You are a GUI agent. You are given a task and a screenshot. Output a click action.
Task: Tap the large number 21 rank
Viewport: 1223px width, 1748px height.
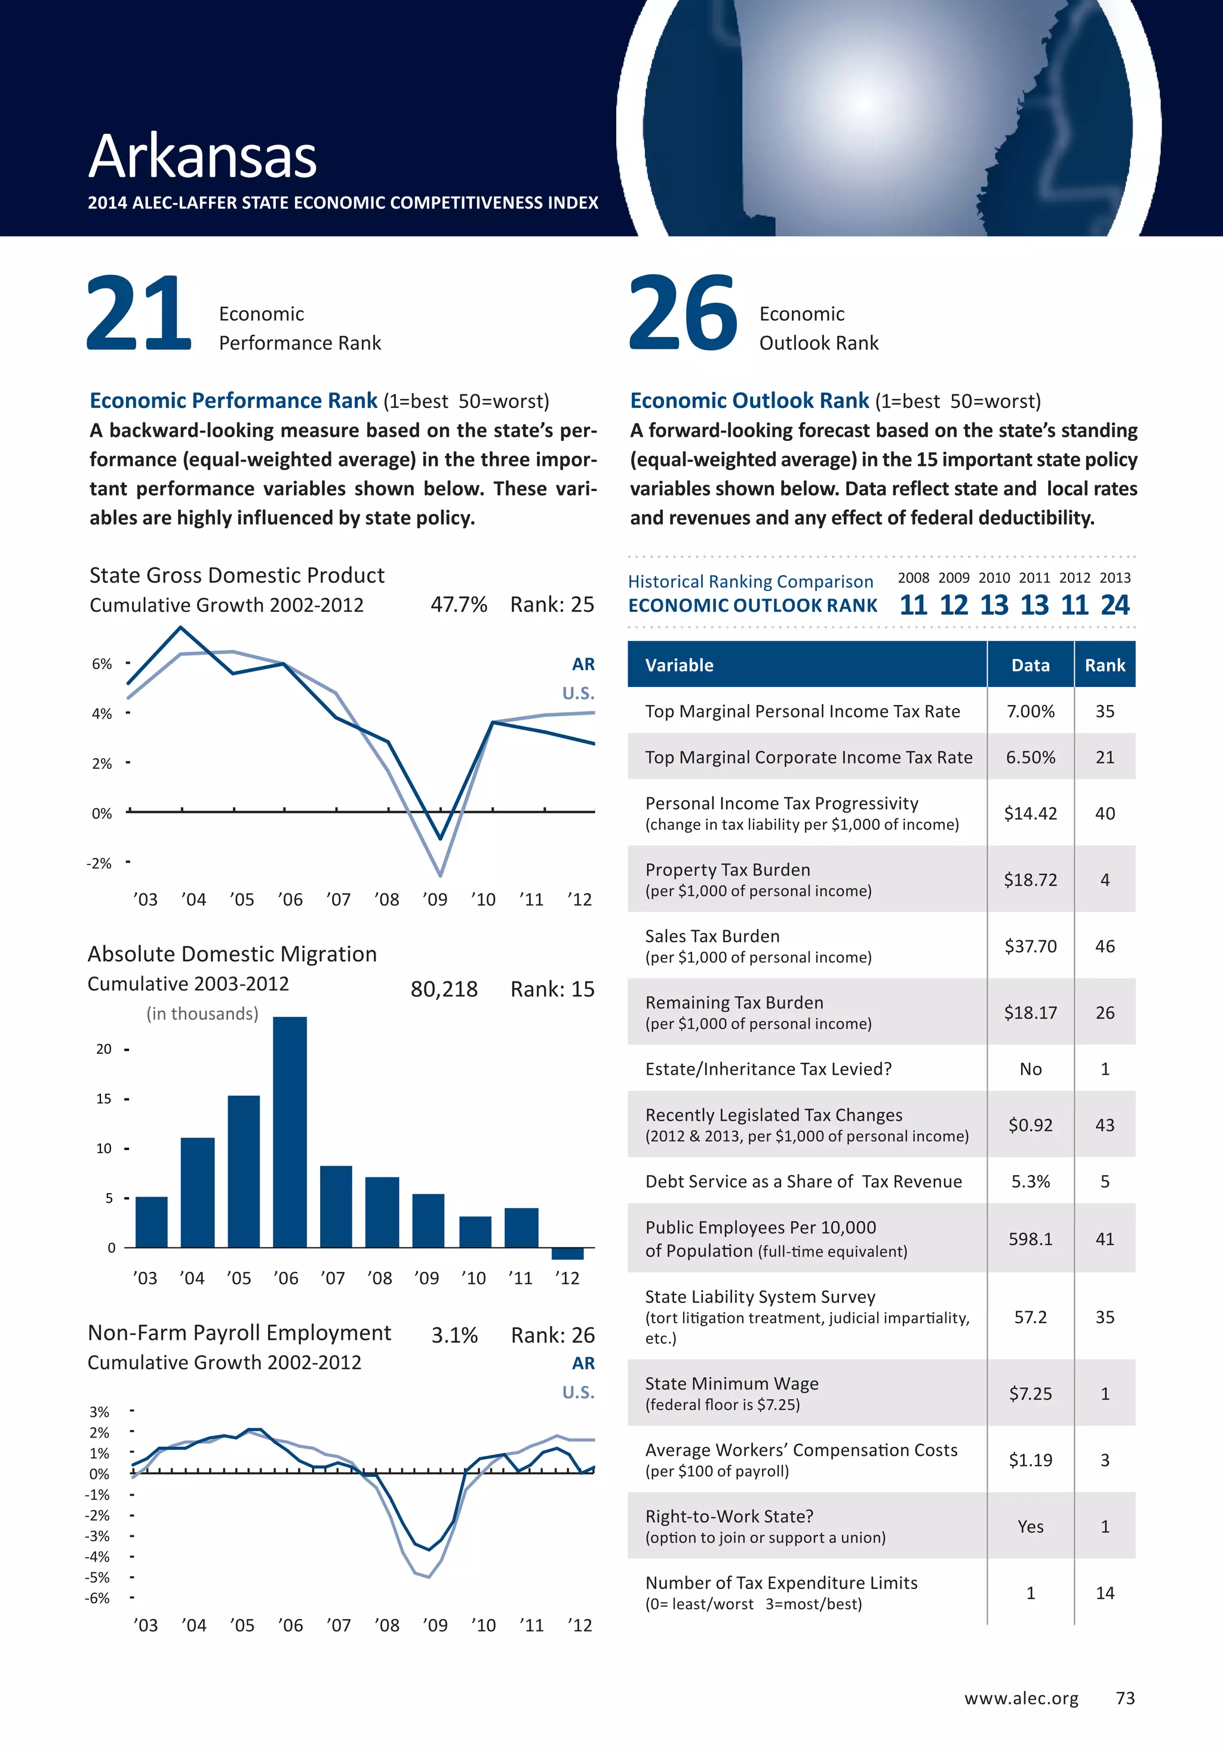(139, 314)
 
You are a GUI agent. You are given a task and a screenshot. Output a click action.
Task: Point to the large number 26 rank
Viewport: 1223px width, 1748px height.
(683, 314)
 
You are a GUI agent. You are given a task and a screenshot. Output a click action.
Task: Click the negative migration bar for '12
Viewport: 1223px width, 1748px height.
(567, 1253)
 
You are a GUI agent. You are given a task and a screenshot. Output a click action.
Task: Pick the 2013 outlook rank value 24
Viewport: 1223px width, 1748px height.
(1115, 605)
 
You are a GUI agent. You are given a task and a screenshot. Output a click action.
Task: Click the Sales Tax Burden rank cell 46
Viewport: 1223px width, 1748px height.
(1104, 946)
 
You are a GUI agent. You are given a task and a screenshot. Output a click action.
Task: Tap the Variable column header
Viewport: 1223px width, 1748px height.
(679, 666)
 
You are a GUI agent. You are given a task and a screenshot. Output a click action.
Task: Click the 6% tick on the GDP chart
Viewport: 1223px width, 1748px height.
(102, 664)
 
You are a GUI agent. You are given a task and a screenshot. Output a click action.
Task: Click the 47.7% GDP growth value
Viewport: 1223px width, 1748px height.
(458, 605)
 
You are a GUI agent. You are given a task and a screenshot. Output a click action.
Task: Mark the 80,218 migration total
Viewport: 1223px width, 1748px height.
(444, 990)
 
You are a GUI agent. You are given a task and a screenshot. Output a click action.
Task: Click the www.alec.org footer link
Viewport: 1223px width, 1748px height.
(1021, 1698)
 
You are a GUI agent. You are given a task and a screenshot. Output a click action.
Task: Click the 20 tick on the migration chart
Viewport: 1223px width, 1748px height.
(105, 1049)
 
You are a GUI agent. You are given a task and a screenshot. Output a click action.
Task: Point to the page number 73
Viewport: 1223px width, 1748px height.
(1125, 1698)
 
